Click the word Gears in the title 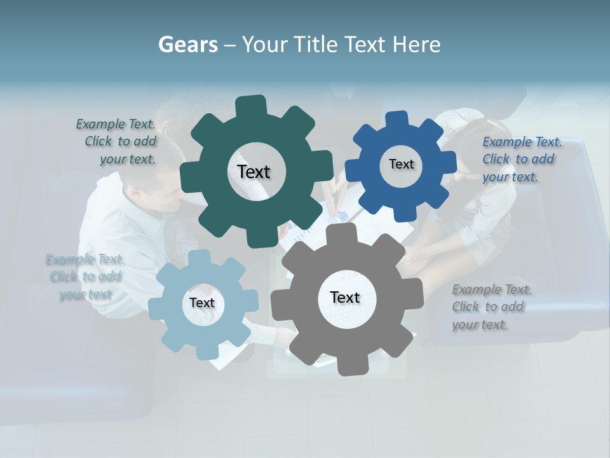pyautogui.click(x=187, y=45)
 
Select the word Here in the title pyautogui.click(x=416, y=45)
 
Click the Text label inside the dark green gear pyautogui.click(x=254, y=172)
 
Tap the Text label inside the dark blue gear pyautogui.click(x=401, y=164)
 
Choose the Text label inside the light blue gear pyautogui.click(x=202, y=303)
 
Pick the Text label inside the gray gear pyautogui.click(x=345, y=297)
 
